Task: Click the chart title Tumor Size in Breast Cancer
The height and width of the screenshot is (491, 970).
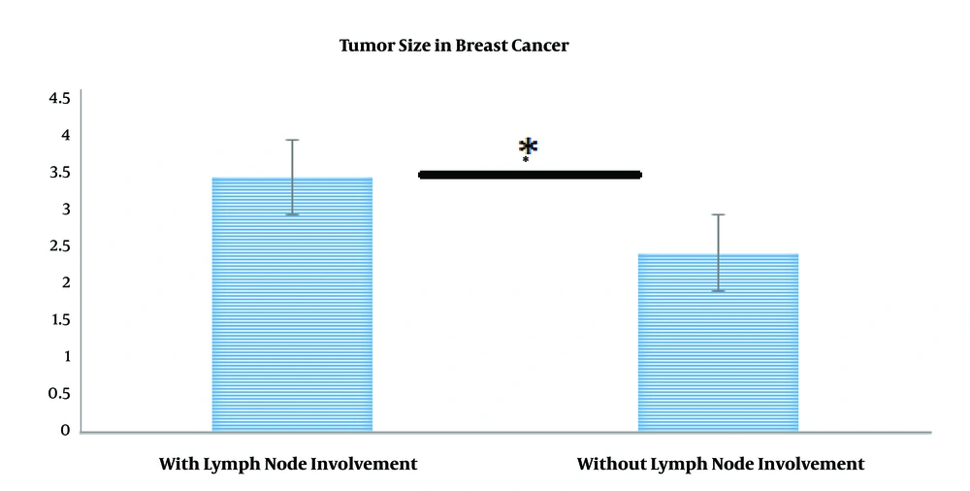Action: point(454,46)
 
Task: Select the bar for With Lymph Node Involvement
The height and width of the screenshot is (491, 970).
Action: point(292,304)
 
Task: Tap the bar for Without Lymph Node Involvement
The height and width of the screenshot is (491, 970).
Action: point(718,343)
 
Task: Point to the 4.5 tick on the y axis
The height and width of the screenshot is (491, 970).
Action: point(59,98)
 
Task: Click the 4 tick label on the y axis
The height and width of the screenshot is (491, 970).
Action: point(65,135)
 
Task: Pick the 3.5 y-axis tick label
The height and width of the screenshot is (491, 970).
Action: point(59,172)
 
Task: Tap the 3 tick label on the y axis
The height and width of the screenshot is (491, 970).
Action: point(65,210)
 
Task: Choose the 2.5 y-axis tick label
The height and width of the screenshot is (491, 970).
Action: point(59,246)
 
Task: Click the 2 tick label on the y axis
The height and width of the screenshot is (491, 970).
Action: point(65,283)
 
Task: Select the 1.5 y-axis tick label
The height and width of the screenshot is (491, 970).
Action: point(59,320)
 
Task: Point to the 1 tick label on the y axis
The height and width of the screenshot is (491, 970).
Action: point(66,357)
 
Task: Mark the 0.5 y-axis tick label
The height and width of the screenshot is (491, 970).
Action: point(59,394)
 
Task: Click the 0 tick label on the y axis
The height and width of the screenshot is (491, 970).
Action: point(65,430)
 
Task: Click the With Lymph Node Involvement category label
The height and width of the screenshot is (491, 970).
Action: point(288,465)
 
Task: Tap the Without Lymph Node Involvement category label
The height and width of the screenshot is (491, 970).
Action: point(721,465)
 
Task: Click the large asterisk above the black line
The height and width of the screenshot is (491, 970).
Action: point(528,147)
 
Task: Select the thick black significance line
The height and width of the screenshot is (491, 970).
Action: point(531,176)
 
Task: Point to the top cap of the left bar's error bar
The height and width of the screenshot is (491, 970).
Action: point(292,140)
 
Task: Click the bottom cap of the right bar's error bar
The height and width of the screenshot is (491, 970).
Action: point(718,290)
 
